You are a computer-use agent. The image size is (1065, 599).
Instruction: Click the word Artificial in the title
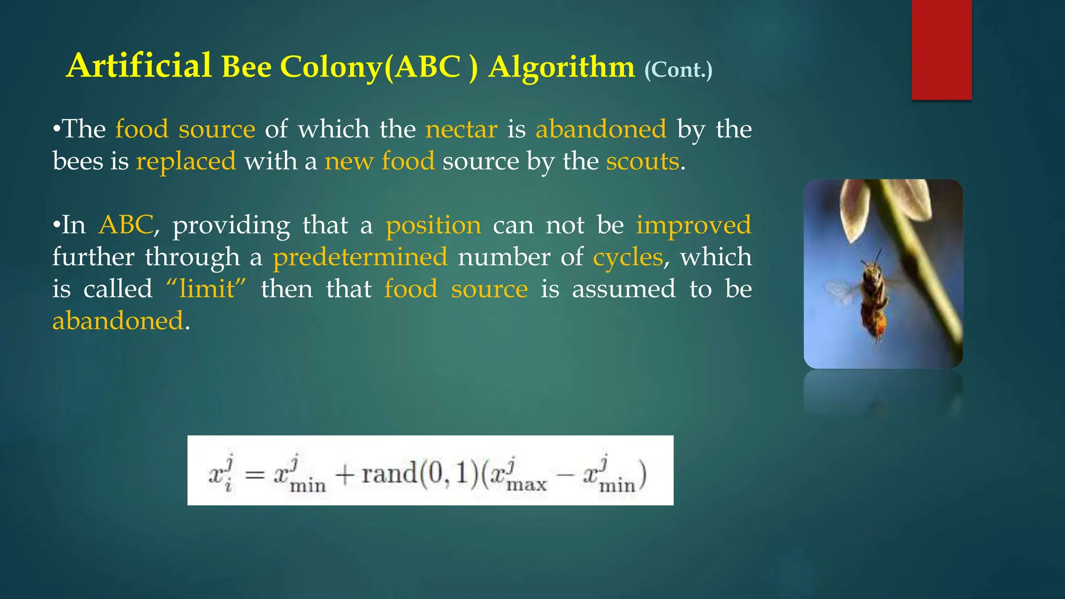pos(139,66)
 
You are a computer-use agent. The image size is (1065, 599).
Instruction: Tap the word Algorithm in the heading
pos(561,68)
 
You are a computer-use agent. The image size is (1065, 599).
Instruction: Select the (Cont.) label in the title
pos(678,70)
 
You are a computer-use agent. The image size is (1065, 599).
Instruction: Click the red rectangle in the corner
pos(941,49)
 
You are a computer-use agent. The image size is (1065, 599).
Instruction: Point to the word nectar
pos(461,129)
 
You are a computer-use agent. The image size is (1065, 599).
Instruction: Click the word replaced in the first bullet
pos(186,161)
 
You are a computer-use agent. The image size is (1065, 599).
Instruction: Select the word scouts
pos(642,161)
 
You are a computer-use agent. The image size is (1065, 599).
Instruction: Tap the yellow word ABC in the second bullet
pos(126,225)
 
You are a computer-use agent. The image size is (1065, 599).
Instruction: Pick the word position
pos(433,225)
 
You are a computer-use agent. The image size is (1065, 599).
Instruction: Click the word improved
pos(693,225)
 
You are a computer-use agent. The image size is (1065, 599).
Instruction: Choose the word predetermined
pos(360,257)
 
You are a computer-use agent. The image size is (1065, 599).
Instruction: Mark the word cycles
pos(628,257)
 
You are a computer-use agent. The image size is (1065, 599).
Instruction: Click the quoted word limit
pos(206,289)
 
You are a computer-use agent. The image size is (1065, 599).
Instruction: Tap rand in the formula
pos(389,474)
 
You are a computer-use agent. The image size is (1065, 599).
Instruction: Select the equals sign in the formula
pos(254,475)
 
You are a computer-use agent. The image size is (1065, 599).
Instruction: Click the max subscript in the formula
pos(526,485)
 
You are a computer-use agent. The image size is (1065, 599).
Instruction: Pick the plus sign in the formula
pos(345,475)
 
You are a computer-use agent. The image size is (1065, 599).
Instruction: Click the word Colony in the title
pos(331,68)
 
